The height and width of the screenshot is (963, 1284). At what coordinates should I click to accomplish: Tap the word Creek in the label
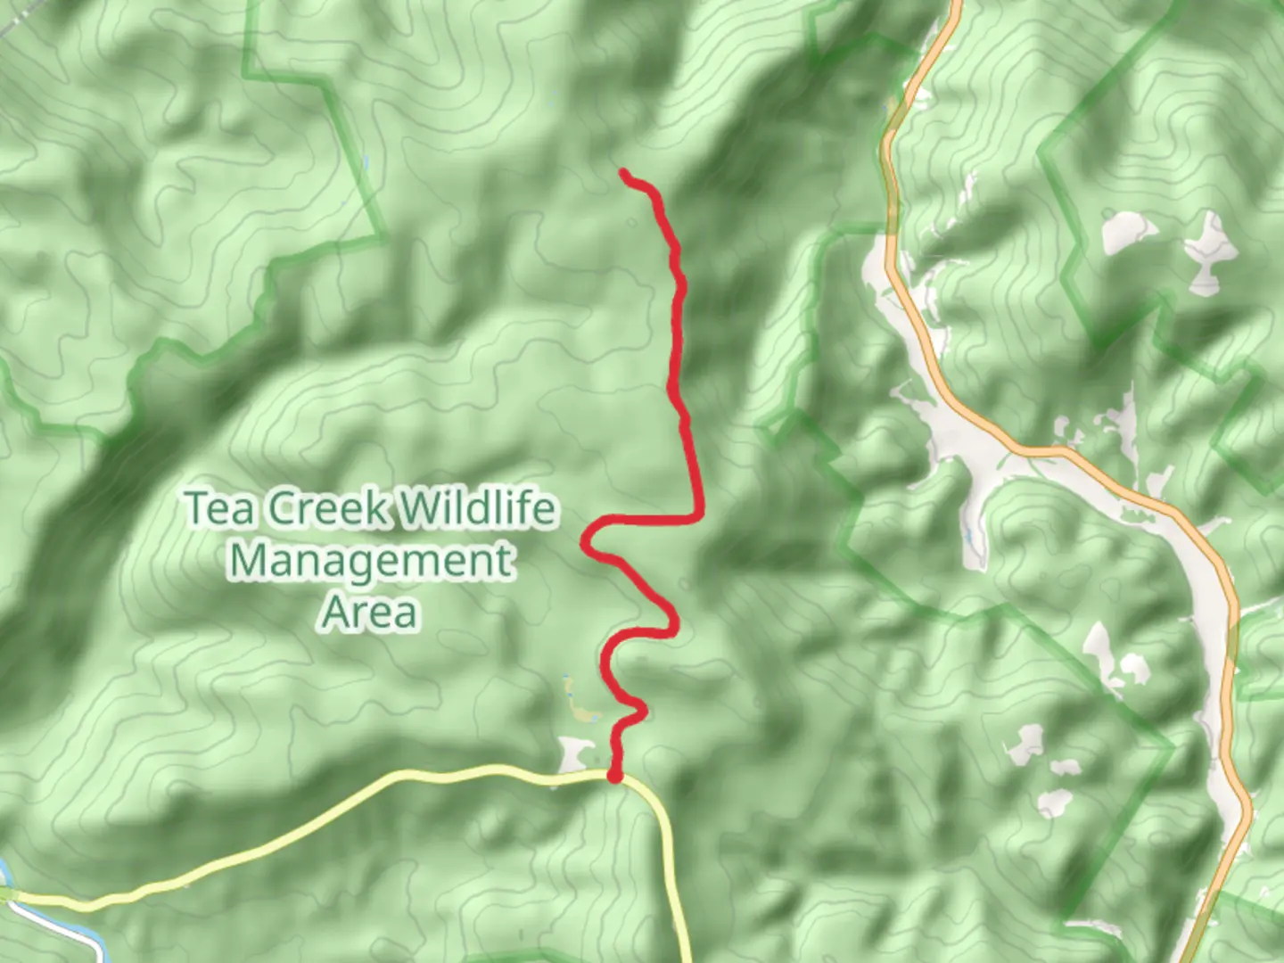coord(328,509)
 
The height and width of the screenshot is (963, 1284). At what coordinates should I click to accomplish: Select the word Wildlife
coord(477,509)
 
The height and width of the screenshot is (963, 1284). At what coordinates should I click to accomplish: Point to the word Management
coord(371,561)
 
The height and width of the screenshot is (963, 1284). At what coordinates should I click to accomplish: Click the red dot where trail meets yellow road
coord(614,777)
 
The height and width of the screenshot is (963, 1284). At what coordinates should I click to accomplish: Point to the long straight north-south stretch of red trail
coord(678,339)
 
